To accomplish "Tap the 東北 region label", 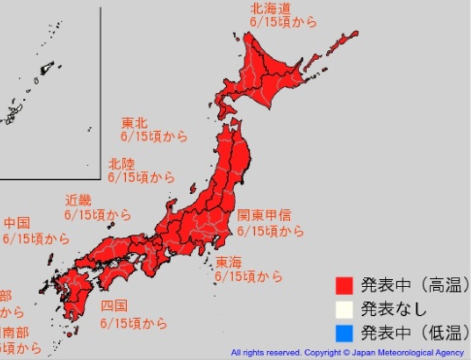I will pyautogui.click(x=134, y=123).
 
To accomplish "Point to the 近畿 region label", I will pyautogui.click(x=78, y=201).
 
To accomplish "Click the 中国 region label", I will pyautogui.click(x=17, y=224).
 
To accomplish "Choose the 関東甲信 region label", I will pyautogui.click(x=264, y=216).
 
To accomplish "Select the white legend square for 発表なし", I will pyautogui.click(x=344, y=309).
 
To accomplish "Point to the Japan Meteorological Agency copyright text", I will pyautogui.click(x=348, y=352).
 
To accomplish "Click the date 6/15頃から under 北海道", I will pyautogui.click(x=283, y=23).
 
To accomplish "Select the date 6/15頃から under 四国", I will pyautogui.click(x=134, y=323).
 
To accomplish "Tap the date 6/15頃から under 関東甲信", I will pyautogui.click(x=270, y=231).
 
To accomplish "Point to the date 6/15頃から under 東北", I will pyautogui.click(x=154, y=137).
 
